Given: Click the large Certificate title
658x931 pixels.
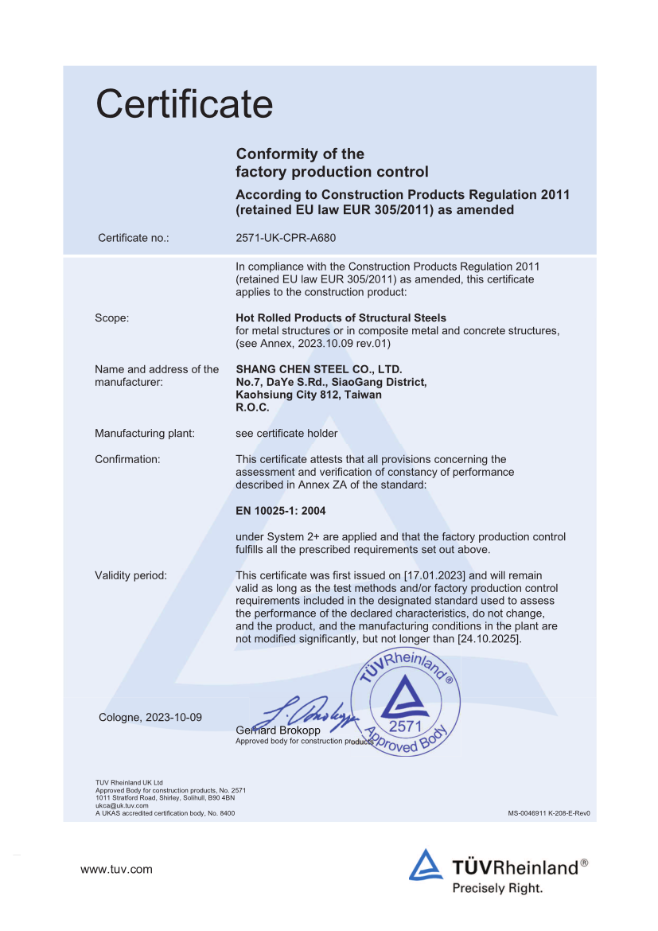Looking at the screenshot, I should [184, 103].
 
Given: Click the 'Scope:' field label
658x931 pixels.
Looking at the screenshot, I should [112, 317].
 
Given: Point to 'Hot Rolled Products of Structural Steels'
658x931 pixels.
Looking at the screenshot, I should [341, 317].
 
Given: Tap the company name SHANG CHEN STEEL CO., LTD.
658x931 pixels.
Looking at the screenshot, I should [319, 369].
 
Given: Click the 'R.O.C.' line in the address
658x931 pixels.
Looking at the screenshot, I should [253, 407].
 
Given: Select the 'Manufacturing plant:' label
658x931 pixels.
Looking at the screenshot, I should [145, 434].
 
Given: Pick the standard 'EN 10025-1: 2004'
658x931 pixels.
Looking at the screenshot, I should [281, 511].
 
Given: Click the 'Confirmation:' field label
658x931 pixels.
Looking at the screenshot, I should [127, 459].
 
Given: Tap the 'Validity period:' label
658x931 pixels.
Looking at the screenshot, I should [130, 575].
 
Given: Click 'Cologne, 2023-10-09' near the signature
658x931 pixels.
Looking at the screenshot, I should [150, 717].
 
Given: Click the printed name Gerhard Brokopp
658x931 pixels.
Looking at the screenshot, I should [278, 730].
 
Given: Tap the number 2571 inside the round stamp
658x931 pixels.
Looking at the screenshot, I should [405, 726].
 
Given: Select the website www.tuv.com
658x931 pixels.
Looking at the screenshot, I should [116, 869].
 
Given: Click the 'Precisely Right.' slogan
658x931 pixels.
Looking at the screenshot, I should [497, 888].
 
